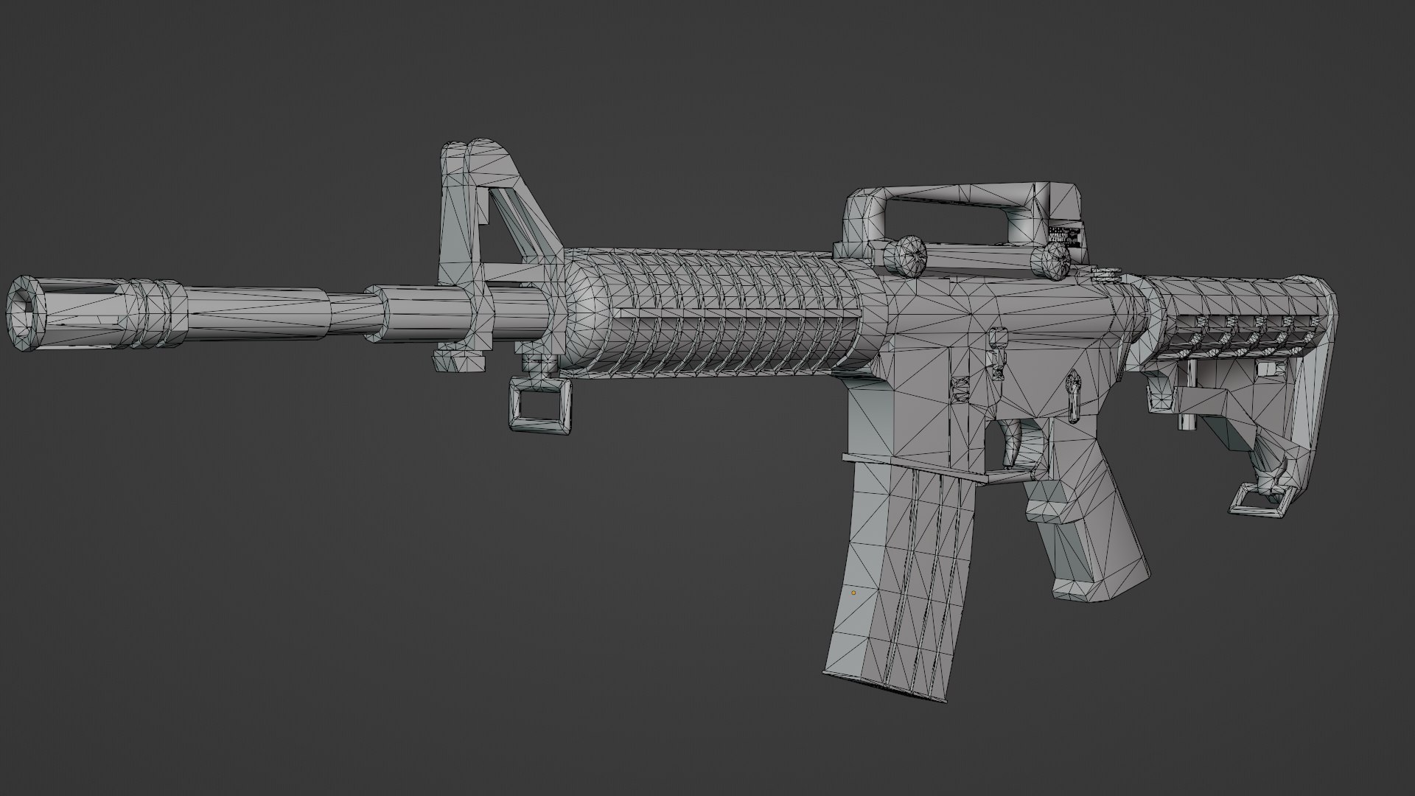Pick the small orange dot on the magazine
[x=854, y=593]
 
